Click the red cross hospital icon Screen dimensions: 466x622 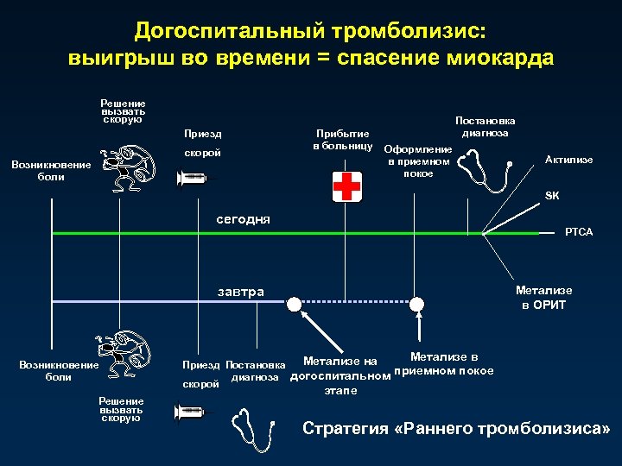point(347,186)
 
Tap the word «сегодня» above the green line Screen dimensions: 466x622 point(243,219)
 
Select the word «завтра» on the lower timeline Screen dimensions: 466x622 point(240,292)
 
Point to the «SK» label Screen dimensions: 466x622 point(552,196)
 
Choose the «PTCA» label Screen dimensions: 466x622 point(578,232)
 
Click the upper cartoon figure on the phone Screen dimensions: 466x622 point(127,168)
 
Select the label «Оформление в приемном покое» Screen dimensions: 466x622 point(418,161)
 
